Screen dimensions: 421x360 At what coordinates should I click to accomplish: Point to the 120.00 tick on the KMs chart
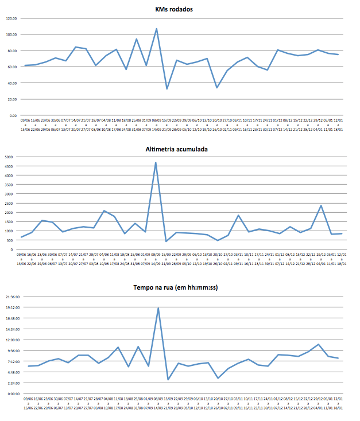(11, 18)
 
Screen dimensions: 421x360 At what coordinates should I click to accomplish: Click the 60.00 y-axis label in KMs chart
(11, 67)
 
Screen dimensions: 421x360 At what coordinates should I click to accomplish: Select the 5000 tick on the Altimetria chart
(8, 157)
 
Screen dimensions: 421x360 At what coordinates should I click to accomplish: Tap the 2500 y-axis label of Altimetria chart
(8, 203)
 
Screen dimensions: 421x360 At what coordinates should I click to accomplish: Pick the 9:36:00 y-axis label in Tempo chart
(12, 351)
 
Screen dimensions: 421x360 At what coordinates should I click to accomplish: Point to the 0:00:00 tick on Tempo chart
(12, 394)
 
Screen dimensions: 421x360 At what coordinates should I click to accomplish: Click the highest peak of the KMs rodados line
(156, 29)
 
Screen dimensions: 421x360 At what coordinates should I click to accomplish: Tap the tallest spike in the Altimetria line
(156, 162)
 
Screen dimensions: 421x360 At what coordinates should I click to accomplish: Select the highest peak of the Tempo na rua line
(158, 308)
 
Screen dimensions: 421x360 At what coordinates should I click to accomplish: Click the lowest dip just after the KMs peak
(167, 89)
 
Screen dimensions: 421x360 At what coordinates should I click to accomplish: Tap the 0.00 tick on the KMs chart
(12, 115)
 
